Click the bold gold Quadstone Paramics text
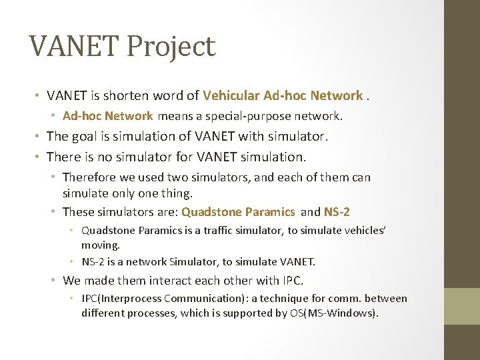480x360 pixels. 238,212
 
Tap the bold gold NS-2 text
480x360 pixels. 337,212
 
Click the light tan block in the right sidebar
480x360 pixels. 461,306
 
